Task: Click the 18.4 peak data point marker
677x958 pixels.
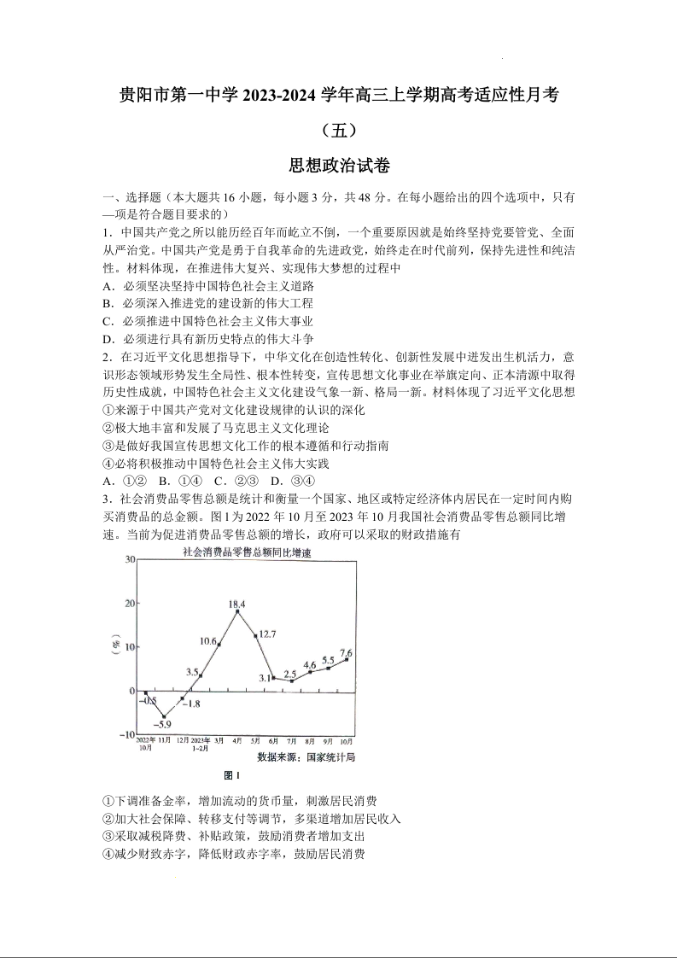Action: coord(237,611)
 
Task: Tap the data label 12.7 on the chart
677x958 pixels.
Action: coord(266,634)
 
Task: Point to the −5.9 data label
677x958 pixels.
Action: coord(163,724)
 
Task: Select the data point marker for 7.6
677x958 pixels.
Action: coord(347,659)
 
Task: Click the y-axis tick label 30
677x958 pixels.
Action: coord(130,559)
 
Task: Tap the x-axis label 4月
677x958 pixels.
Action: coord(236,740)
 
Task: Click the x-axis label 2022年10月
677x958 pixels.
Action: coord(146,743)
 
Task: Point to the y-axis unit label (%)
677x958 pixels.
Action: coord(117,647)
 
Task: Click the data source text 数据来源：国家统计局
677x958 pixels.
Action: coord(306,756)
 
